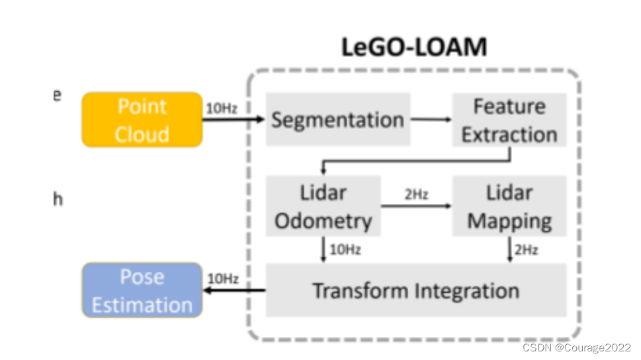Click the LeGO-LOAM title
tap(414, 48)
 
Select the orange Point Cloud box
tap(142, 120)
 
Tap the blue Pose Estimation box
tap(142, 291)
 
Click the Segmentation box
tap(337, 120)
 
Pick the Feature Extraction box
tap(509, 120)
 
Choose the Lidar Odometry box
tap(323, 206)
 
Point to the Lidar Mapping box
tap(509, 206)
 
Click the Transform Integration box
tap(416, 291)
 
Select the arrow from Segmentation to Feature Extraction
tap(431, 120)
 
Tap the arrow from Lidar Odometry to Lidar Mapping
tap(416, 206)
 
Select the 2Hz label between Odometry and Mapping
tap(416, 195)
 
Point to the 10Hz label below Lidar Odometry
tap(345, 250)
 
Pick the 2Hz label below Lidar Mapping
tap(527, 250)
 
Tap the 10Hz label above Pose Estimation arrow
tap(223, 279)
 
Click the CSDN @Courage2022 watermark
tap(576, 347)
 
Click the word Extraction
tap(509, 134)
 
